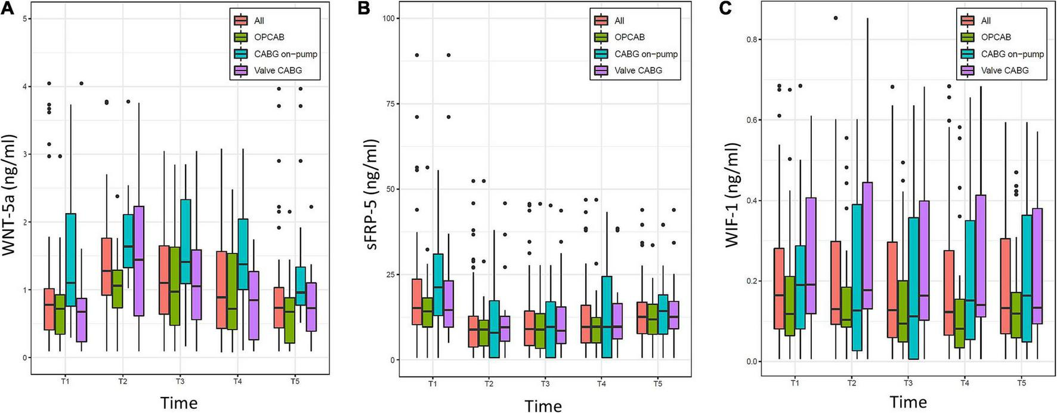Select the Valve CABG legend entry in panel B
coord(638,70)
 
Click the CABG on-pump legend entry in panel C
coord(1012,54)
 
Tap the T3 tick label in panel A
coord(180,381)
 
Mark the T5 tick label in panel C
coord(1021,383)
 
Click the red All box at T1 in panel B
coord(417,301)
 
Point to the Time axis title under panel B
coord(543,406)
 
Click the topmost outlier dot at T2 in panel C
coord(836,18)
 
